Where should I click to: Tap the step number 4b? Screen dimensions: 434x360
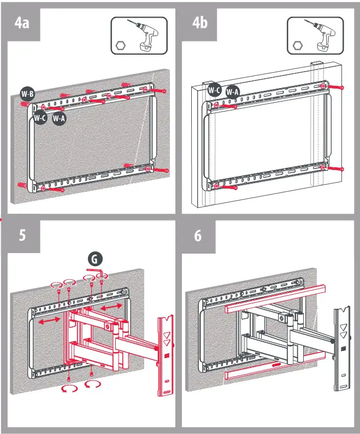pyautogui.click(x=200, y=25)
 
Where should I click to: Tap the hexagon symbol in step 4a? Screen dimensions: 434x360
pyautogui.click(x=121, y=46)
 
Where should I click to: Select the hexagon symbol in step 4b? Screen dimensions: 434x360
pyautogui.click(x=297, y=46)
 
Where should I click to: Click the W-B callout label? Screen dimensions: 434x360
pyautogui.click(x=27, y=94)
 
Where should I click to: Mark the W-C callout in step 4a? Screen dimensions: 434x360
pyautogui.click(x=40, y=117)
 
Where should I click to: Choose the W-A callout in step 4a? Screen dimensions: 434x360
pyautogui.click(x=59, y=119)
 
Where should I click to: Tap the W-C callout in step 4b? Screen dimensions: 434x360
pyautogui.click(x=214, y=90)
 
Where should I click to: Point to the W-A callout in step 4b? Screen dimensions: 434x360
pyautogui.click(x=232, y=92)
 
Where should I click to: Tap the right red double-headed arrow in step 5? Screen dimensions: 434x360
pyautogui.click(x=111, y=309)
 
